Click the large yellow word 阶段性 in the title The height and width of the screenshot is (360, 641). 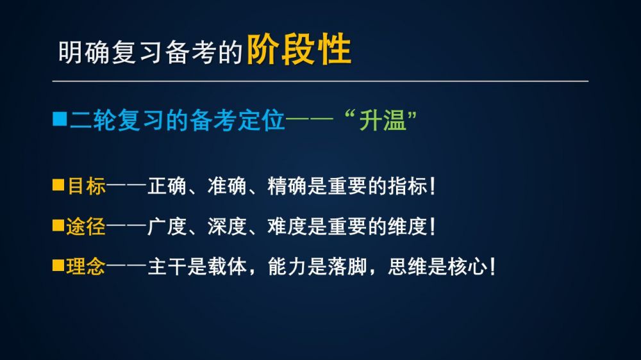click(299, 49)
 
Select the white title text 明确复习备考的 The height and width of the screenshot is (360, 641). click(151, 53)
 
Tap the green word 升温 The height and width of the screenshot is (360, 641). click(383, 120)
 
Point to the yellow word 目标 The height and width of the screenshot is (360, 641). click(87, 186)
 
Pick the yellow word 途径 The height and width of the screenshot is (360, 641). click(86, 226)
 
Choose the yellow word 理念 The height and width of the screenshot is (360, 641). click(86, 267)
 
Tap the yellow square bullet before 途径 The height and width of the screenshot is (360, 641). click(58, 225)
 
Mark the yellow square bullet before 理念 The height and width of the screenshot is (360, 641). click(58, 266)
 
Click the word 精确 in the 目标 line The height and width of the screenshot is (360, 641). click(287, 186)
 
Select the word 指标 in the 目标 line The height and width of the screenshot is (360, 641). click(407, 186)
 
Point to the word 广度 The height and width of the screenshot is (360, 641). click(167, 226)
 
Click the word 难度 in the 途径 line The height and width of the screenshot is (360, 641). click(287, 226)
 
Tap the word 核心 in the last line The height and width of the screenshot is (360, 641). click(467, 267)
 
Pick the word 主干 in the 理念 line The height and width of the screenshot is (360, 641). click(167, 267)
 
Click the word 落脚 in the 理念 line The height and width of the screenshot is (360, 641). click(347, 267)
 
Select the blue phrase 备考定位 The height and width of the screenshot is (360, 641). click(237, 120)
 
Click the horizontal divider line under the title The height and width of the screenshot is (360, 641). click(320, 81)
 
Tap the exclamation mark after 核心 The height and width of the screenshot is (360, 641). click(492, 267)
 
